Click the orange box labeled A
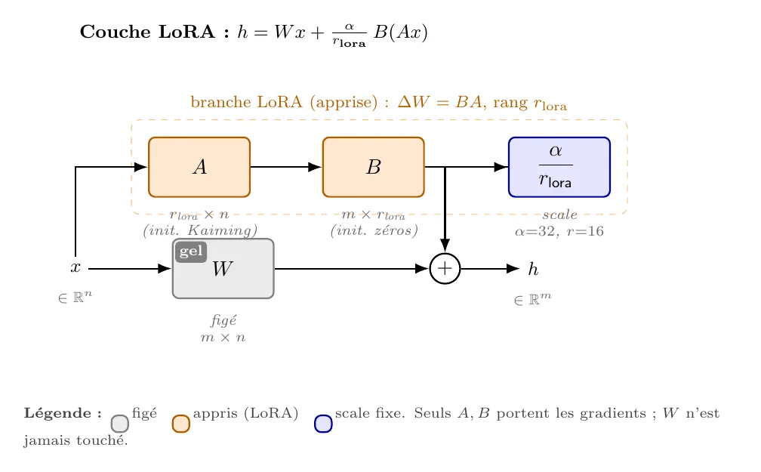199,167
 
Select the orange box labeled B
373,167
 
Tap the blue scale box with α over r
559,167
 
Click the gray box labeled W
223,269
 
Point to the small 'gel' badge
191,251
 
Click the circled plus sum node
445,269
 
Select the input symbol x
75,267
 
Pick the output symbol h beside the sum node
533,269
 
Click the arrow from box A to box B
286,167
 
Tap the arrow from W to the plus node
352,269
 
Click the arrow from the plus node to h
490,269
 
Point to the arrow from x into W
130,269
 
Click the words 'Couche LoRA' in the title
147,32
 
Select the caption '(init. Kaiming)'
200,230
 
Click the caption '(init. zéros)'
374,230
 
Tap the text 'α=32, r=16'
559,231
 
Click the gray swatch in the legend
120,424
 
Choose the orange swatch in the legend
181,424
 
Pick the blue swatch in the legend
323,424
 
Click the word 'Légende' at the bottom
57,413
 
